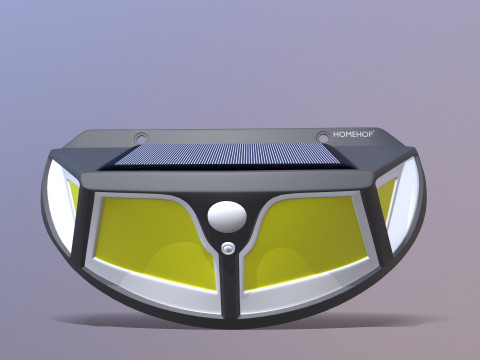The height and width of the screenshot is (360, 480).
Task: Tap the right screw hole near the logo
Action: point(322,136)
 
